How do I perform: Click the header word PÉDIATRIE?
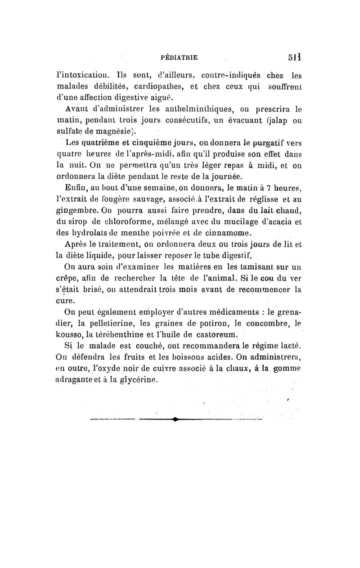tap(180, 57)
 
